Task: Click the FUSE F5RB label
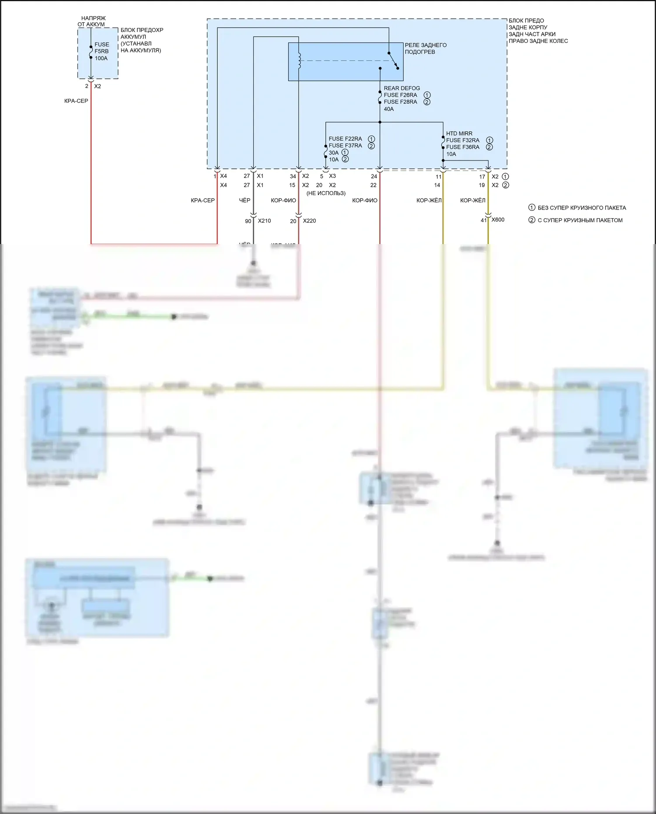click(101, 48)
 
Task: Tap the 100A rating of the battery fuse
click(101, 58)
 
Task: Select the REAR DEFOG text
click(401, 88)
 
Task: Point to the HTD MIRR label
click(459, 133)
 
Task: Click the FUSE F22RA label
click(345, 139)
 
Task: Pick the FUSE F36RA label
click(463, 147)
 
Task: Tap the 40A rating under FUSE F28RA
click(389, 109)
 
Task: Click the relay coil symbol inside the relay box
click(299, 61)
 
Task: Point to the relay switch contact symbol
click(393, 61)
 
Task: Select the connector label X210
click(264, 221)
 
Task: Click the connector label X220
click(309, 221)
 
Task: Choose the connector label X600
click(498, 220)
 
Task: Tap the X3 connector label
click(332, 176)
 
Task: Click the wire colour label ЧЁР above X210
click(244, 200)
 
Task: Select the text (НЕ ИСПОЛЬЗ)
click(326, 193)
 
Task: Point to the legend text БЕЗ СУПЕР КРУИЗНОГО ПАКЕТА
click(582, 208)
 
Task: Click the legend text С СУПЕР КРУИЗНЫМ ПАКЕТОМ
click(580, 220)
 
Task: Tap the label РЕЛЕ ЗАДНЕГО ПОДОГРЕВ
click(426, 48)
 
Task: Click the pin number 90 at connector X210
click(248, 221)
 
